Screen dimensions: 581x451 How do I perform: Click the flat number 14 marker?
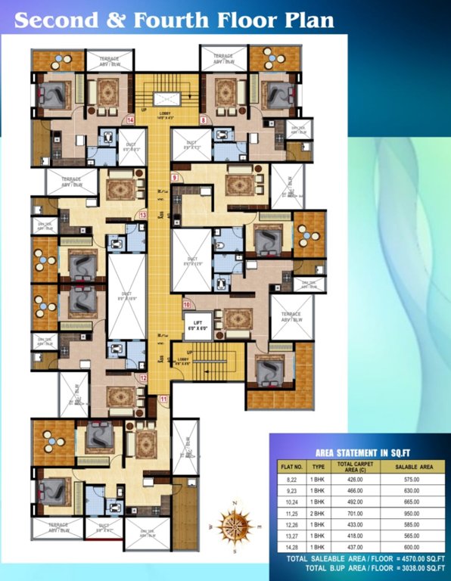131,120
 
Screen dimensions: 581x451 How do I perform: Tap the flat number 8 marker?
203,120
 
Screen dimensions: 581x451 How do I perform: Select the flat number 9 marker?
174,178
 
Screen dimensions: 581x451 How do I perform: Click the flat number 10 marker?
186,305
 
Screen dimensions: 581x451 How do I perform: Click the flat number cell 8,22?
291,480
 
